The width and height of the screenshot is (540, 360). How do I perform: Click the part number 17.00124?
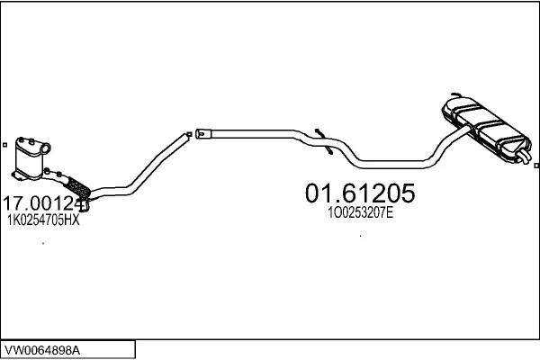click(43, 203)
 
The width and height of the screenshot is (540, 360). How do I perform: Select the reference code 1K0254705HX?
click(43, 220)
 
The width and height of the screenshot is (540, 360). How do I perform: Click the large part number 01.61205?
click(360, 193)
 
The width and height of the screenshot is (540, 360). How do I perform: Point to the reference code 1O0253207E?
click(360, 213)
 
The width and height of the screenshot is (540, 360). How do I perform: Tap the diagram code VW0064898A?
click(42, 350)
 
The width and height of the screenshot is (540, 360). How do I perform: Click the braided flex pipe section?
click(77, 187)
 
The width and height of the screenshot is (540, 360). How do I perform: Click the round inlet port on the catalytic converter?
click(46, 148)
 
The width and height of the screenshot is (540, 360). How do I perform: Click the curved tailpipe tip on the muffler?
click(524, 157)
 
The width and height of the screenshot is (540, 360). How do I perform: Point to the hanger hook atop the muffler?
click(456, 94)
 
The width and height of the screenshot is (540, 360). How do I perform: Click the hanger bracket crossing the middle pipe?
click(324, 141)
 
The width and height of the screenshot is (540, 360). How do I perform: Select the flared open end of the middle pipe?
click(201, 134)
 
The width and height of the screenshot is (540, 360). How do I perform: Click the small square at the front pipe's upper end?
click(189, 134)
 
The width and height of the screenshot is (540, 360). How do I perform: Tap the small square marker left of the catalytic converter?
click(4, 145)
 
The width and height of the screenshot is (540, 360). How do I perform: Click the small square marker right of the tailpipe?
click(536, 166)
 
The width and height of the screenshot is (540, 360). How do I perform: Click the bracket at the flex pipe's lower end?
click(84, 205)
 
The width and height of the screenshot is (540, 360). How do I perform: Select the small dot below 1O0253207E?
click(360, 236)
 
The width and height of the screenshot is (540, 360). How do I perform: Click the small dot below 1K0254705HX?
click(43, 243)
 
